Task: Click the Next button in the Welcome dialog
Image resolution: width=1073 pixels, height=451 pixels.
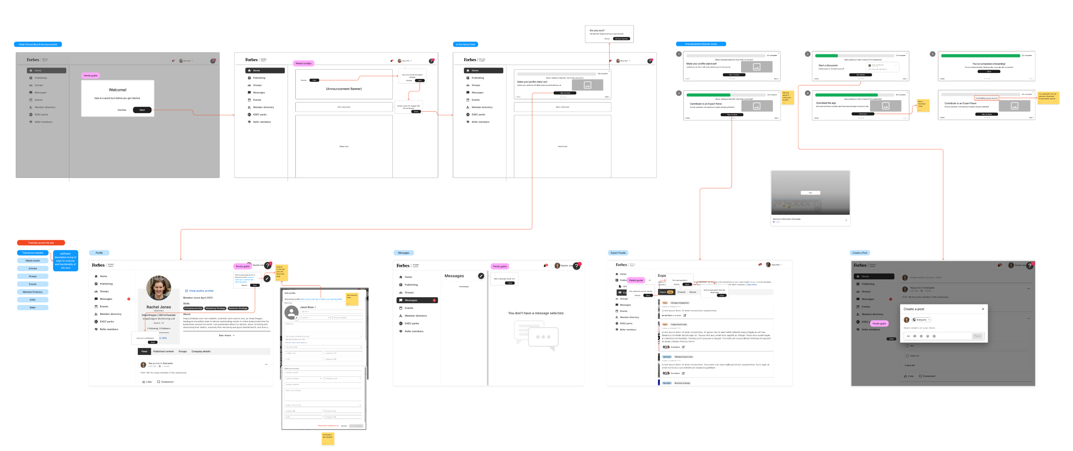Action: [x=142, y=110]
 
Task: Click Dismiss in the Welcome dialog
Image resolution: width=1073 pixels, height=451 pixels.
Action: [x=121, y=110]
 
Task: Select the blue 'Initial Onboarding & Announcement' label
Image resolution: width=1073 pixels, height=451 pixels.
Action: [x=38, y=44]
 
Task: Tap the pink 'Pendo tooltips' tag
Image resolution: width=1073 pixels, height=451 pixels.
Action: [x=304, y=63]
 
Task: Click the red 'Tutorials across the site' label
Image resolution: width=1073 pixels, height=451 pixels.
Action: [x=41, y=243]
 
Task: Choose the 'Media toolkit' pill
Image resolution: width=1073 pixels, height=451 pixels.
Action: [x=32, y=261]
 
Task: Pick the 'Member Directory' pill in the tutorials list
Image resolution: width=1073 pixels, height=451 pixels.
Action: [x=32, y=292]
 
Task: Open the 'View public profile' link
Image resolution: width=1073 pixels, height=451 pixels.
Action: [x=201, y=290]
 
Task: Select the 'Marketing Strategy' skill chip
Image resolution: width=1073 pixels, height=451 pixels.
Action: [x=215, y=308]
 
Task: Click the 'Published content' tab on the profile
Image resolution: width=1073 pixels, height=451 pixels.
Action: [x=163, y=352]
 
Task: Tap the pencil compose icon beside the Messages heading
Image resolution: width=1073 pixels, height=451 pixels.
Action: [x=481, y=276]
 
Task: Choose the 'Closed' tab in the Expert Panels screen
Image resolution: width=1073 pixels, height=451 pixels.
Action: [x=681, y=292]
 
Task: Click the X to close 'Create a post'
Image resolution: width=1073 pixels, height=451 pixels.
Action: [x=983, y=309]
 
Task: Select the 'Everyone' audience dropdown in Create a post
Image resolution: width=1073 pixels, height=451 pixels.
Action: [x=921, y=320]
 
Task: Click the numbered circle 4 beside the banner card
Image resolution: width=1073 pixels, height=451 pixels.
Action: [x=808, y=93]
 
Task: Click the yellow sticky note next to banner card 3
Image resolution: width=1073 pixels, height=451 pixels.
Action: [x=788, y=98]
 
